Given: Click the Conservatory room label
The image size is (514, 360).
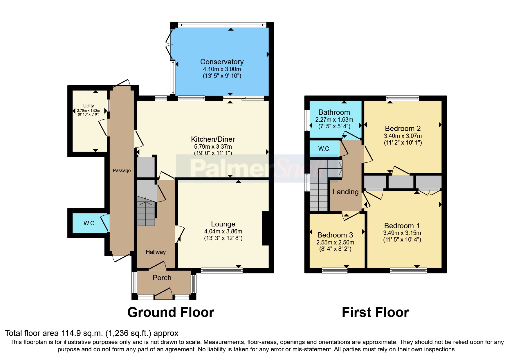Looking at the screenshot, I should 222,62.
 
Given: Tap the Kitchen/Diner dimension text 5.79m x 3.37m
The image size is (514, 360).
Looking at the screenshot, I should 213,147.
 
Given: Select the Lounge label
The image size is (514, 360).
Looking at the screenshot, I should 223,224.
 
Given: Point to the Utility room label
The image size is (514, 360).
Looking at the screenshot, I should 89,106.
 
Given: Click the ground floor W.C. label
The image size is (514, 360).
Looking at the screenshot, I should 89,223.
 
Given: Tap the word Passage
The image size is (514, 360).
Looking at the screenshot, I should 122,170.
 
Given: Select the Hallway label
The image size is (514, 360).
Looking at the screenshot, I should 156,252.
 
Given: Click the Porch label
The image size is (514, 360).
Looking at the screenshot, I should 162,278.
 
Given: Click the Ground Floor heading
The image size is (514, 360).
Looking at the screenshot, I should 171,312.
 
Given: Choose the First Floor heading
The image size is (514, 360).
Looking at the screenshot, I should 375,312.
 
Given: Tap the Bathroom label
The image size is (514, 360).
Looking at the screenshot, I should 334,112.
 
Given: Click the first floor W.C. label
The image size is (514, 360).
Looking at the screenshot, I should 324,149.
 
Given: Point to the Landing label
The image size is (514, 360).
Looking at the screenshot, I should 345,192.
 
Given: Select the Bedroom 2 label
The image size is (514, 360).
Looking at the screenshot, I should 403,128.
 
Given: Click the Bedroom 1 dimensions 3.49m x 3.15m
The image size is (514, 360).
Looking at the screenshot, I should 402,233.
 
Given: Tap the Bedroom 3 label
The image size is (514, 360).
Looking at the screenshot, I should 335,235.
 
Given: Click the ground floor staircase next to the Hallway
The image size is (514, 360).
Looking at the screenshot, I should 146,210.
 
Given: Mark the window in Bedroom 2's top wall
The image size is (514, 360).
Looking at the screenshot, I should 403,98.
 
